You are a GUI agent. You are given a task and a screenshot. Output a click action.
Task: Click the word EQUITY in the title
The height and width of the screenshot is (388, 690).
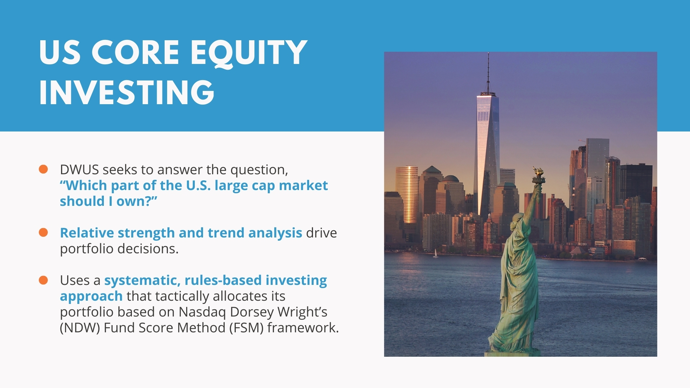point(248,53)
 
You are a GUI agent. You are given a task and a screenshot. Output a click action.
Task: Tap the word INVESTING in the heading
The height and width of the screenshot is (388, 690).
point(127,92)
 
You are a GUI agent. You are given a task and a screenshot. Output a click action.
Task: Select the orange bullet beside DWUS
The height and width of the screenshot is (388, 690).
point(43,169)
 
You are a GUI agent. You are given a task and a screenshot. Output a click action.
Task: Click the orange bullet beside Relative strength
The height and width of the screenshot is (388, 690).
point(43,232)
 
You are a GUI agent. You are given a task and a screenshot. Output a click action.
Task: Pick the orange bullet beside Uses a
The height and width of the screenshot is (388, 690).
point(43,280)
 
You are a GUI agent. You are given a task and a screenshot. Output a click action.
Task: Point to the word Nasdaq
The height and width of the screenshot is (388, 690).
point(202,312)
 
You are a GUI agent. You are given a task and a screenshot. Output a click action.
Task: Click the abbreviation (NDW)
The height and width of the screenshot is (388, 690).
point(80,328)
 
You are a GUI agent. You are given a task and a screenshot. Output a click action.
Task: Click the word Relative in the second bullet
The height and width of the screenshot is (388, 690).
point(87,233)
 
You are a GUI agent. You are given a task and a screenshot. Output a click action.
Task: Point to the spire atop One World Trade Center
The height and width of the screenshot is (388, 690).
point(488,72)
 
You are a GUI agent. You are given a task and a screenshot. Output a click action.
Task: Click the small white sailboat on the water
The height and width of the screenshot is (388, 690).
point(436,253)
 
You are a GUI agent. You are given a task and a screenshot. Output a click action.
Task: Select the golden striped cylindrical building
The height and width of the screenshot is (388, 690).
point(407,194)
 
